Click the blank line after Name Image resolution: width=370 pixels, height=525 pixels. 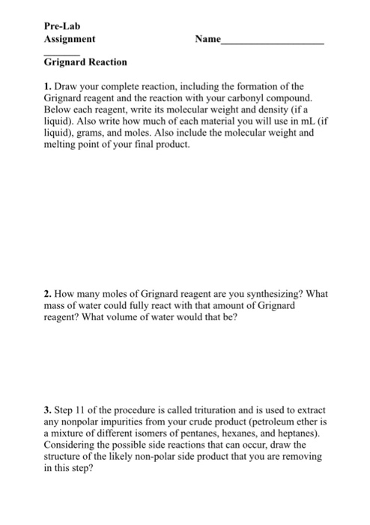274,42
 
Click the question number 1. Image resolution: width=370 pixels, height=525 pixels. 47,87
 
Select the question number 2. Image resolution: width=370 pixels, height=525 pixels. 47,295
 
